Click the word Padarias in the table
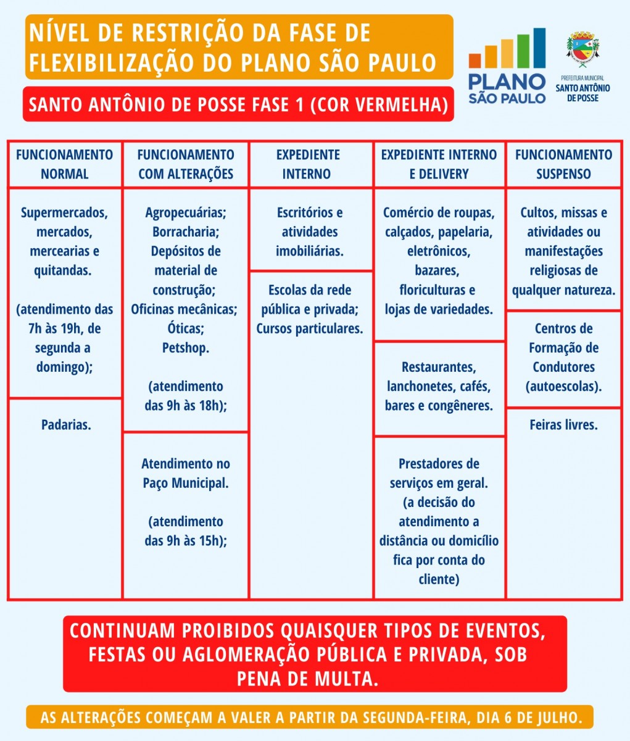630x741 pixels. (65, 425)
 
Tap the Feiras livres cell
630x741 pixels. (563, 425)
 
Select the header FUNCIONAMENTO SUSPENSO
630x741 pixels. (563, 164)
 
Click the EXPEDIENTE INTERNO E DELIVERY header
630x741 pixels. (439, 164)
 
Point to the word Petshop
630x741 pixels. (186, 348)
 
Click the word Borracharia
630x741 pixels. (186, 232)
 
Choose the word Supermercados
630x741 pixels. (64, 212)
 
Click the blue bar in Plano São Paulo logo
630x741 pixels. (539, 48)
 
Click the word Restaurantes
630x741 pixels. (439, 367)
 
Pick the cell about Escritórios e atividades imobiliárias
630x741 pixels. (310, 232)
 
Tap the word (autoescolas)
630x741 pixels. (563, 387)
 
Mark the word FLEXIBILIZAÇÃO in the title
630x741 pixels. (111, 63)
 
